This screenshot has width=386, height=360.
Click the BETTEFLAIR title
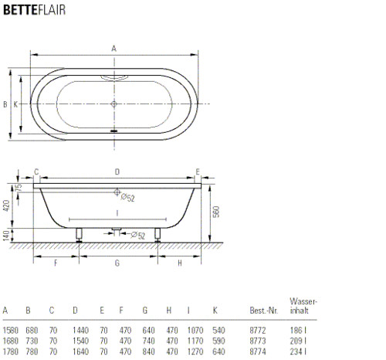click(x=34, y=10)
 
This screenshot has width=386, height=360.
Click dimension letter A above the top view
click(x=113, y=49)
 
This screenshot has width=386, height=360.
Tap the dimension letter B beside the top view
click(x=5, y=104)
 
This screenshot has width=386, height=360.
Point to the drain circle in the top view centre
click(x=113, y=104)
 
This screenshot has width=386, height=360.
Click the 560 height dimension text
click(x=216, y=212)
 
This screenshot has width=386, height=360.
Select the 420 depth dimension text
click(x=6, y=205)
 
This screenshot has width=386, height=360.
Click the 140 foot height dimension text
click(x=6, y=236)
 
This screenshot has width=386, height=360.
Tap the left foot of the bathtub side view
click(x=79, y=235)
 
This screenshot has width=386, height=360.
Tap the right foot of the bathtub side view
click(x=157, y=235)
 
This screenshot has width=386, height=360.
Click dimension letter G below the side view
click(x=117, y=263)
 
